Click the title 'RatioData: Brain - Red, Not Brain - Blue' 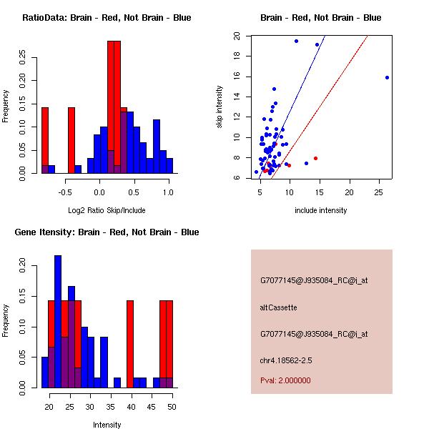(x=107, y=17)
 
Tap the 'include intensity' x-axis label (x=320, y=210)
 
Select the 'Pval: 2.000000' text (x=285, y=380)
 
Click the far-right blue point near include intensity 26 (x=387, y=77)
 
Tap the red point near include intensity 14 (x=315, y=158)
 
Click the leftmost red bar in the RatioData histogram (x=45, y=139)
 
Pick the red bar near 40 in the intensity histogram (x=130, y=344)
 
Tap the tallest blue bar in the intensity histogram (x=58, y=321)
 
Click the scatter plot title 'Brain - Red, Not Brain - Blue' (x=320, y=17)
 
